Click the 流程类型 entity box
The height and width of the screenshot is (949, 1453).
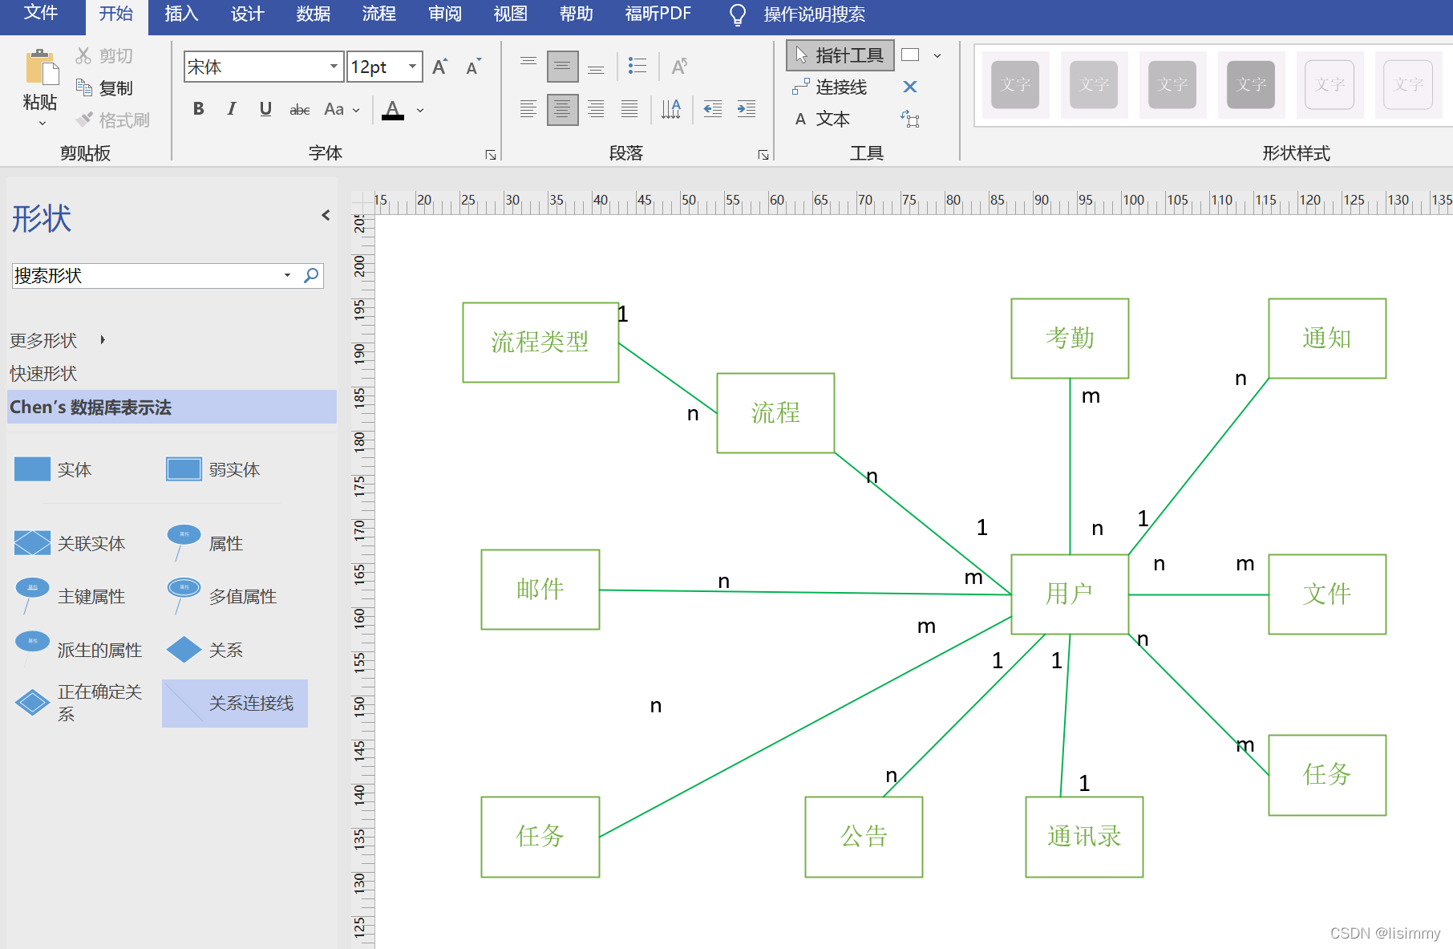point(540,343)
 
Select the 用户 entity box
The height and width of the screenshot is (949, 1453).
point(1070,594)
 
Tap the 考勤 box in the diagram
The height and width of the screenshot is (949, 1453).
point(1070,339)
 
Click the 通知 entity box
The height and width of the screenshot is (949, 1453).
point(1327,339)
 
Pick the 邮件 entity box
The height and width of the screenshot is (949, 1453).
point(540,590)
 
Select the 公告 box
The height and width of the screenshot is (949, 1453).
point(864,837)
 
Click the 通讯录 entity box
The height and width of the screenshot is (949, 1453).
point(1084,837)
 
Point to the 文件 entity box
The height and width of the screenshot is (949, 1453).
point(1327,594)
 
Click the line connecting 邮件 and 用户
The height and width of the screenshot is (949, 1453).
point(802,592)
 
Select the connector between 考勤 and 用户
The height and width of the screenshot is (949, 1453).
point(1070,465)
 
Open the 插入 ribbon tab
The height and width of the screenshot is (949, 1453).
point(181,14)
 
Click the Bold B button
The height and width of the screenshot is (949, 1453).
point(198,109)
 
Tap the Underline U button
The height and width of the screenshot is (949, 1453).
point(265,109)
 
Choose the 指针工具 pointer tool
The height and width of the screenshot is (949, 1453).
point(840,55)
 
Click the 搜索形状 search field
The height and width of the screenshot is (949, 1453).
point(148,276)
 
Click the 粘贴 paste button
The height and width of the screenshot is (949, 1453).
point(40,84)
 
